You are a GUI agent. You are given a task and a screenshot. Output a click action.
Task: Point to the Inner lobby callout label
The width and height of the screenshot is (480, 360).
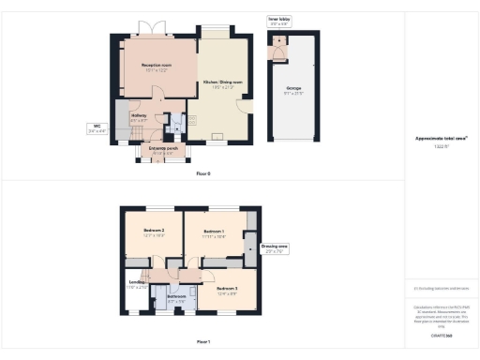point(279,19)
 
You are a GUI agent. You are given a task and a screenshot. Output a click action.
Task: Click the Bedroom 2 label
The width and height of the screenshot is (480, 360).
point(154,232)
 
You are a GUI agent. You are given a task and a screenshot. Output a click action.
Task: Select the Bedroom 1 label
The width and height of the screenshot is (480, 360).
point(215,233)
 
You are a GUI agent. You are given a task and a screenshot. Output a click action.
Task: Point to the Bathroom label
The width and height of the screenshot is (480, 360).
point(176,298)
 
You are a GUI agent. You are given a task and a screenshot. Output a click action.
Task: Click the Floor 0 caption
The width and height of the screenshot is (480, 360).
point(203,174)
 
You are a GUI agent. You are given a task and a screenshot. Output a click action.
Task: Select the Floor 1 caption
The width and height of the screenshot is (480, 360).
point(203,341)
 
